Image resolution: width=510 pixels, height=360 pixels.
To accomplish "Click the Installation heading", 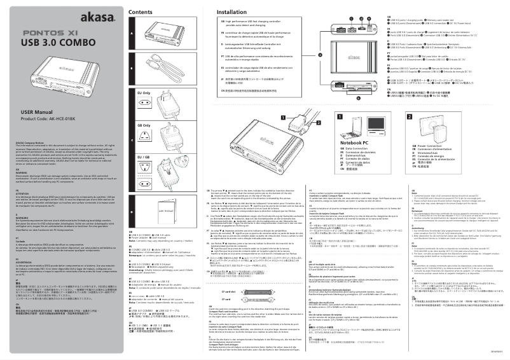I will (x=231, y=12).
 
